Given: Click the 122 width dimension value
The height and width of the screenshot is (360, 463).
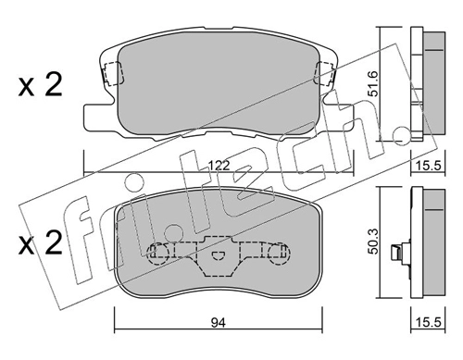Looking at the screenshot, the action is tap(219, 166).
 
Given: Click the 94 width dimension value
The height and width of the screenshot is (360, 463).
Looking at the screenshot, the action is tap(219, 323).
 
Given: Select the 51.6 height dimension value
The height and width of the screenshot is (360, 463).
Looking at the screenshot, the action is tap(373, 83).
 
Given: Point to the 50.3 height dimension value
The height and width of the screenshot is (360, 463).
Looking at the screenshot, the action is tap(373, 242).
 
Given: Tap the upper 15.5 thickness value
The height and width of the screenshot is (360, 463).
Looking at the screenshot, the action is tap(428, 166).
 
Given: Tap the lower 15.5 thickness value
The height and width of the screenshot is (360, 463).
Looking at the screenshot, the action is tap(428, 323).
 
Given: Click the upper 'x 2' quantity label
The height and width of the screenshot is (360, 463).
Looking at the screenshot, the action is tap(40, 84).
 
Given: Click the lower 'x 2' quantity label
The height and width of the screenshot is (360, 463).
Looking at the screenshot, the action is tap(40, 242).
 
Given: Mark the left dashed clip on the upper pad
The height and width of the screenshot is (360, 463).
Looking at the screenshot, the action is tap(112, 73).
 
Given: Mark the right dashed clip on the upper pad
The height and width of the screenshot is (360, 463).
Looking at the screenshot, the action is tap(325, 73).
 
